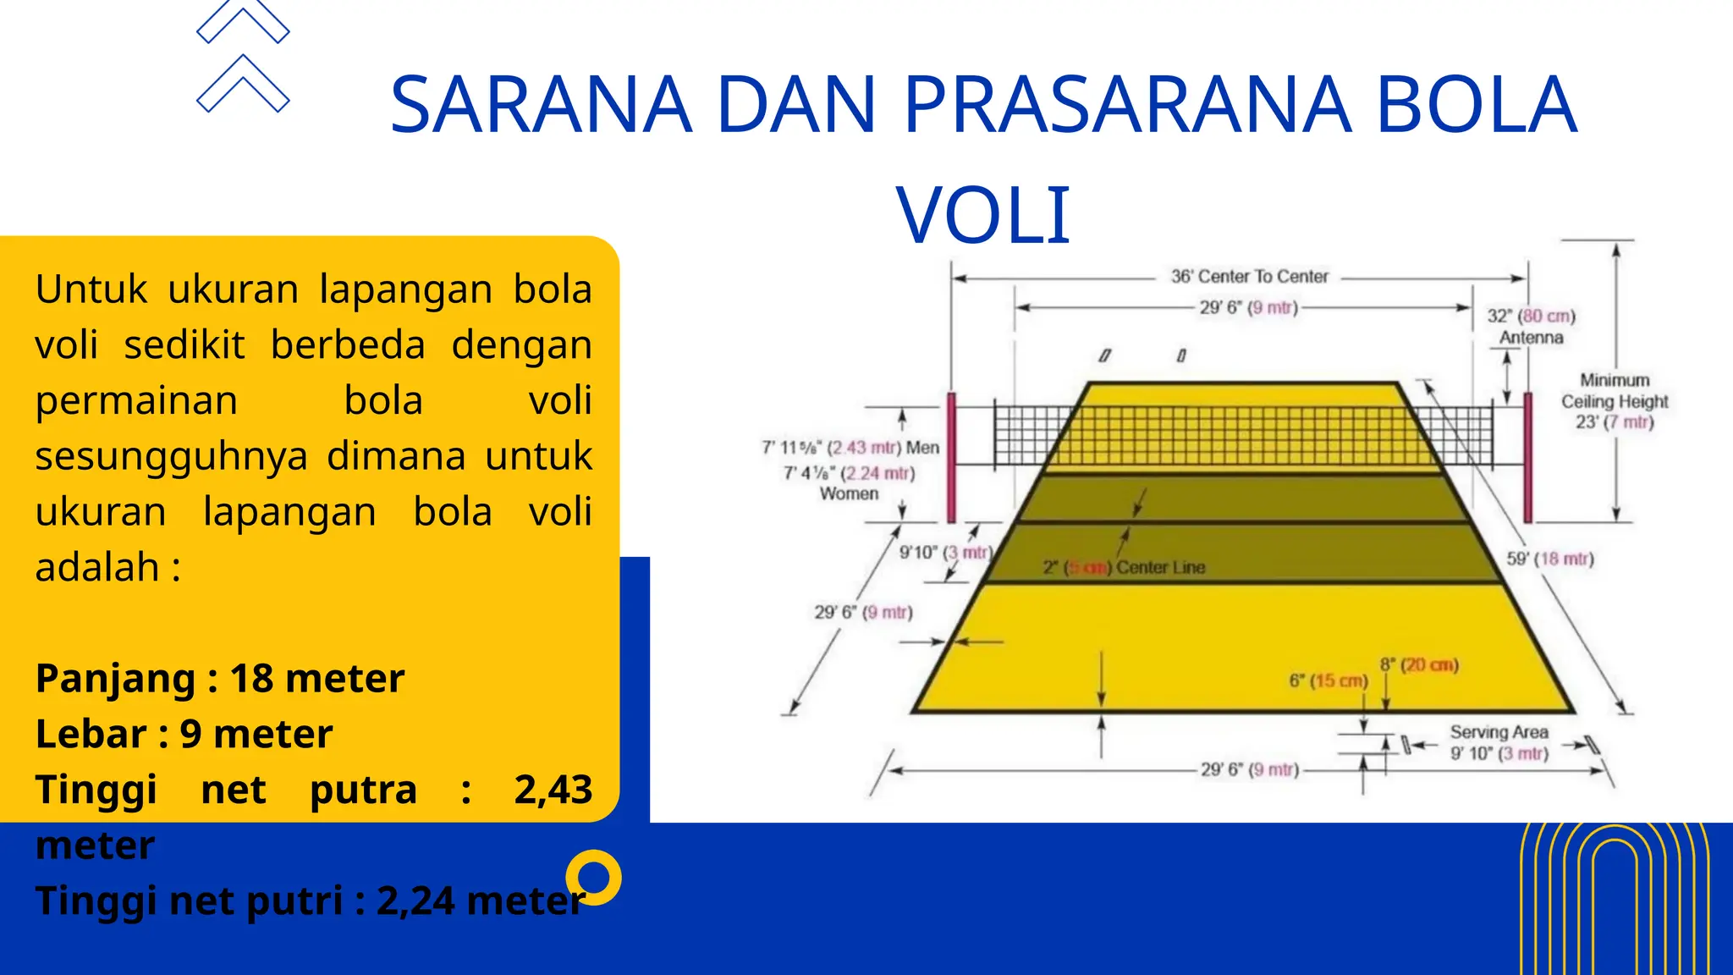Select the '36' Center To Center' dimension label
tap(1249, 277)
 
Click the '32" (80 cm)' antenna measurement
tap(1531, 317)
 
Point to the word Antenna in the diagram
tap(1531, 338)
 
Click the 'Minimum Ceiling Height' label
tap(1615, 391)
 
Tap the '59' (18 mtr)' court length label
tap(1549, 559)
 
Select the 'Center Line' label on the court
tap(1160, 568)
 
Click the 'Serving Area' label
tap(1499, 732)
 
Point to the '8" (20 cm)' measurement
tap(1419, 665)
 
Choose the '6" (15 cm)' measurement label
tap(1328, 680)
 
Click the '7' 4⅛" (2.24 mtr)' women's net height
tap(849, 473)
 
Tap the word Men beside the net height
tap(922, 448)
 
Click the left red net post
tap(951, 457)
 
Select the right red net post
tap(1527, 457)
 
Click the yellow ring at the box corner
tap(594, 878)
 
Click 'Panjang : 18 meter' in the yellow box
tap(220, 679)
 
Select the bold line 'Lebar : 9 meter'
tap(184, 734)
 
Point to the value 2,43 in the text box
tap(553, 790)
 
